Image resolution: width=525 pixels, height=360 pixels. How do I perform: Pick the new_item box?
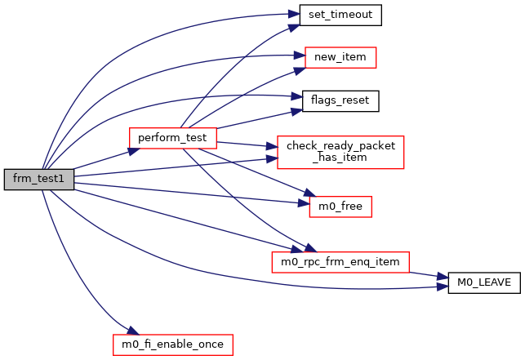pos(340,58)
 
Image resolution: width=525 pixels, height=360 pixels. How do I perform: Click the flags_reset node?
pos(340,101)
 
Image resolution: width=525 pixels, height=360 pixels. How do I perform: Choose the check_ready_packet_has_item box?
pos(340,152)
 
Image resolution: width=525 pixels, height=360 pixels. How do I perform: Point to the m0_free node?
pos(340,207)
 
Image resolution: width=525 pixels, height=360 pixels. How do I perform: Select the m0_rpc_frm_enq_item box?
pos(340,261)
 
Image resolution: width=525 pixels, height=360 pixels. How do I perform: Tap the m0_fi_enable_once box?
pos(172,344)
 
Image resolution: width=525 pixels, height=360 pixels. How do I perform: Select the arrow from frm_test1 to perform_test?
pos(102,158)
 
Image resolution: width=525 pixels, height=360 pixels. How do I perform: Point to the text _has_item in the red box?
pos(340,158)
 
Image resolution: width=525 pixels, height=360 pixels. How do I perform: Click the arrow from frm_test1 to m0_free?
pos(188,192)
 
